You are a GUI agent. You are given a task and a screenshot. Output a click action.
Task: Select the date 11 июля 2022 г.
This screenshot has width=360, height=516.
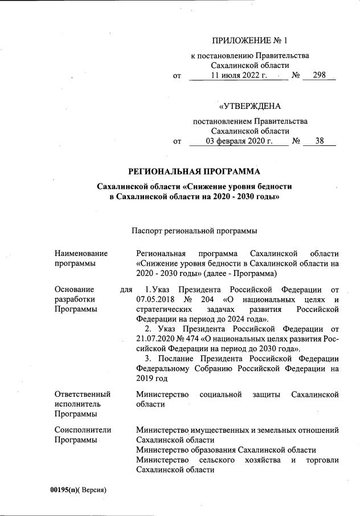point(238,75)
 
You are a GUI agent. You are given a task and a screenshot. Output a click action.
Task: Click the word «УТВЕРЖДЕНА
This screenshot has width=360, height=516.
point(249,106)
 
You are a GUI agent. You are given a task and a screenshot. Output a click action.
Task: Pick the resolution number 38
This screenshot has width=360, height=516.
point(319,140)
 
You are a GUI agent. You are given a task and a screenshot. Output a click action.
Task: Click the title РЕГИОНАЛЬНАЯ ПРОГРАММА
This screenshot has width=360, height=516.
point(194,171)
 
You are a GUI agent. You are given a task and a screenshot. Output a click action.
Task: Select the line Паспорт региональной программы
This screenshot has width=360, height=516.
point(194,231)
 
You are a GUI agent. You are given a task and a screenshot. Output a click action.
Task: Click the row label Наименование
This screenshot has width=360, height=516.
point(81,253)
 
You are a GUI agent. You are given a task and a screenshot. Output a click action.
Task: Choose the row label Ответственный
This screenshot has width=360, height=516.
point(82,394)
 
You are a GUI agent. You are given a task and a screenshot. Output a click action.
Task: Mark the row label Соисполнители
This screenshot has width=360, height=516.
point(83,429)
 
